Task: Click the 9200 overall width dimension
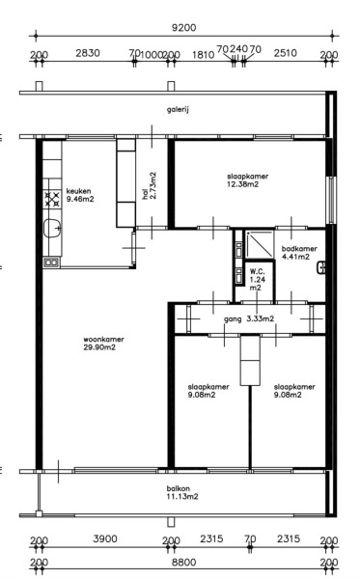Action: (x=183, y=28)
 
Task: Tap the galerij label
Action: (x=178, y=110)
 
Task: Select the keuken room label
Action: (x=78, y=191)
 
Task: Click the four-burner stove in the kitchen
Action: (x=52, y=199)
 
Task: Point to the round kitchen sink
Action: (x=52, y=228)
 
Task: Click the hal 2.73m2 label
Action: (x=150, y=185)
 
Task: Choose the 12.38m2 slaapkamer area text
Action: (x=242, y=184)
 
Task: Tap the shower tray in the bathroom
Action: (x=260, y=244)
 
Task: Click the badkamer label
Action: (x=299, y=249)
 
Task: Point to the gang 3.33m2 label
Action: (x=249, y=319)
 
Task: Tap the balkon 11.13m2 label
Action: (x=182, y=492)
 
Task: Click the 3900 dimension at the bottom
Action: (x=105, y=538)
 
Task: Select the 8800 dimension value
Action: (x=184, y=563)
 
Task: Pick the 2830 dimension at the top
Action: (x=88, y=53)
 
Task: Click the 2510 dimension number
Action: (x=286, y=53)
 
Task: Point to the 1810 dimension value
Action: (x=203, y=55)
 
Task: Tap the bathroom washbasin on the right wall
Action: (x=321, y=267)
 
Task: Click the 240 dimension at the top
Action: (x=239, y=49)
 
